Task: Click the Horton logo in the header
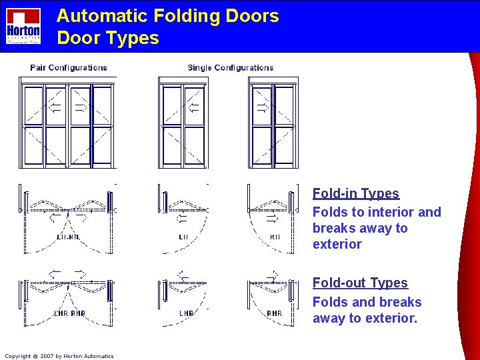click(23, 26)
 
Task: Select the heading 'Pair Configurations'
click(68, 67)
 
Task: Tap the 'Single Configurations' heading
click(231, 67)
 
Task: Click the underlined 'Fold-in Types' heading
click(356, 193)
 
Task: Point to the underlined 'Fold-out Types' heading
click(360, 283)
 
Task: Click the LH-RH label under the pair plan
click(68, 237)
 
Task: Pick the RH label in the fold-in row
click(275, 237)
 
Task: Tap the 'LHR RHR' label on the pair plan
click(69, 313)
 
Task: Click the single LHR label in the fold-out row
click(187, 313)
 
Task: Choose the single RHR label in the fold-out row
click(273, 313)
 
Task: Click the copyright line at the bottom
click(59, 356)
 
